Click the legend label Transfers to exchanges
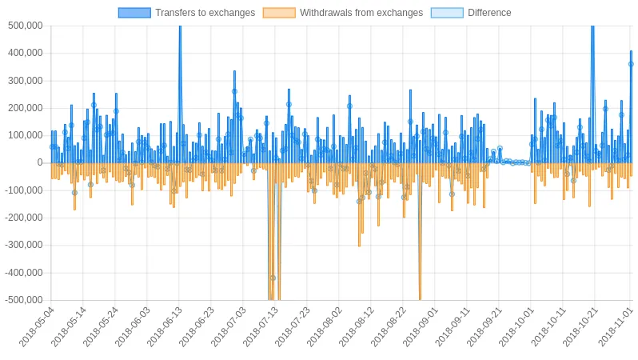point(205,13)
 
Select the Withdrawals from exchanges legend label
point(361,13)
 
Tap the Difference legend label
point(489,13)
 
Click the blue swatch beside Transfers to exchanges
point(134,13)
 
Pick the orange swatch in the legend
point(279,13)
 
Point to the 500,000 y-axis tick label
point(26,26)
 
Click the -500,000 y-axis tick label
point(24,300)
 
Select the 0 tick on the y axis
point(40,162)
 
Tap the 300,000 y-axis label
point(26,81)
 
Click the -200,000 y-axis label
point(24,218)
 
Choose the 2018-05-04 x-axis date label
point(36,327)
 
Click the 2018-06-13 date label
point(164,327)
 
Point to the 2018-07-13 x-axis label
point(260,327)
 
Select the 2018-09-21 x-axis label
point(484,327)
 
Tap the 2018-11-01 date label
point(616,327)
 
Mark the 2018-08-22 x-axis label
point(388,327)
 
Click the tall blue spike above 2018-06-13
point(180,94)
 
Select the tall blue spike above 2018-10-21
point(593,94)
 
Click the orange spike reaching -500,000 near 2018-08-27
point(420,231)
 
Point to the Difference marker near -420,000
point(273,278)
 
